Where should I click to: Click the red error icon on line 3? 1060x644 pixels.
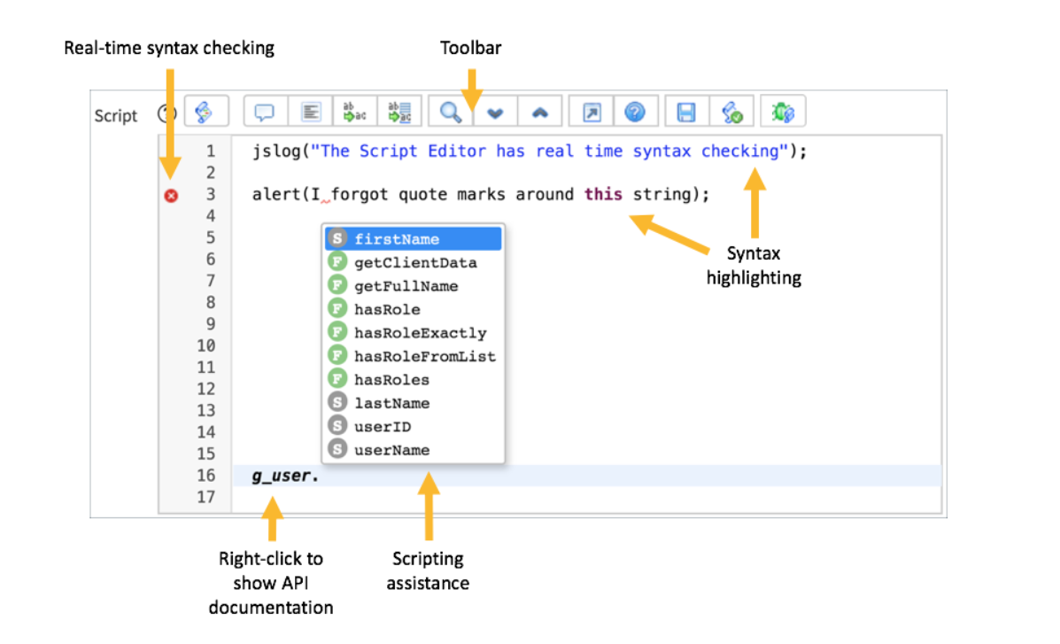[171, 196]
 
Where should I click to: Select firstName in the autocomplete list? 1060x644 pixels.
[396, 239]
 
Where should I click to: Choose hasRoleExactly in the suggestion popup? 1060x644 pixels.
[420, 333]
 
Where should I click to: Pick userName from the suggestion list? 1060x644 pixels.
[391, 450]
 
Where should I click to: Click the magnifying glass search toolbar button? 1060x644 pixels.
[450, 113]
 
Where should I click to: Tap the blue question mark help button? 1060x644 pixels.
[635, 113]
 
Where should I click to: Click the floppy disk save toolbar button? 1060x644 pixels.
[686, 113]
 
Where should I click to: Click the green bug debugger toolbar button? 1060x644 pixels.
[783, 113]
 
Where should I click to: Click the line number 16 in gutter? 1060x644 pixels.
[206, 476]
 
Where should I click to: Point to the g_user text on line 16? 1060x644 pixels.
[281, 476]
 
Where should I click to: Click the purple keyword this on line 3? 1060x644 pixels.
[603, 194]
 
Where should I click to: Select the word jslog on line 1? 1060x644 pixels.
[273, 151]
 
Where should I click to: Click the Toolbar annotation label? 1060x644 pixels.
[471, 48]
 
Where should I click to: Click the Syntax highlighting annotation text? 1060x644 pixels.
[754, 266]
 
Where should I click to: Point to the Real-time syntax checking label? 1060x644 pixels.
[169, 48]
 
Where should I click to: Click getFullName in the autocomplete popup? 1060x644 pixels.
[406, 286]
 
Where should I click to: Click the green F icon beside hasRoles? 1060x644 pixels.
[337, 380]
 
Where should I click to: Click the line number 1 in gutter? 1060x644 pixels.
[211, 151]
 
